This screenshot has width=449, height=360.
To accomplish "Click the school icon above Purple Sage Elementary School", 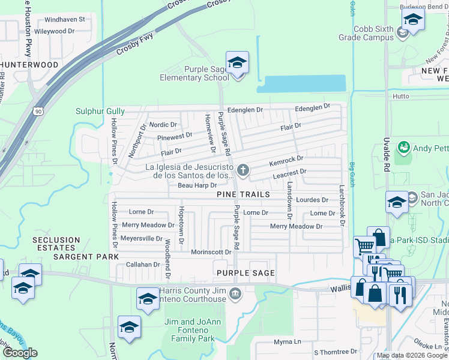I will pos(237,63).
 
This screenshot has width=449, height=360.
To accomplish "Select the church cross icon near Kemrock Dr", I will pos(243,172).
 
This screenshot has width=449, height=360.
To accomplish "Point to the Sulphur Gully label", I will pos(100,111).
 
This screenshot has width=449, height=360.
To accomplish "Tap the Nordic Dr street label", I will pos(163,125).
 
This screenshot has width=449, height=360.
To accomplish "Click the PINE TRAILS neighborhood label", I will pos(243,195).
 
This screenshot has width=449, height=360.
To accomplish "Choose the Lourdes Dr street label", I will pos(313,200).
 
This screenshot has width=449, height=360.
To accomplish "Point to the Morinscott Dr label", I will pos(211,252).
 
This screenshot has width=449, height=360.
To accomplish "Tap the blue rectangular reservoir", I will pos(305,83).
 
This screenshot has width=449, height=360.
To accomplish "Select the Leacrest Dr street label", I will pos(290,172).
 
